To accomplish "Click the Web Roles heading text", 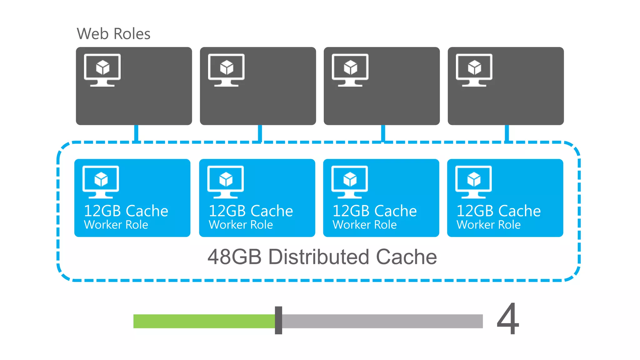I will [113, 34].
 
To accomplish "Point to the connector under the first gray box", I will [136, 133].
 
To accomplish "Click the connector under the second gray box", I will [260, 133].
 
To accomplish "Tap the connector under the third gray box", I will [383, 133].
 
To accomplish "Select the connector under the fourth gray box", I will [507, 133].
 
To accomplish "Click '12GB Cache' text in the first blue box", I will [126, 211].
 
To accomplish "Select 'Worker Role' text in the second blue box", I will [241, 225].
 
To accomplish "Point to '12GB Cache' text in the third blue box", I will [374, 211].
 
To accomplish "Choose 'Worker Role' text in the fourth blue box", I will [488, 225].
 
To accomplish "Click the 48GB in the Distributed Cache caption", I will [234, 257].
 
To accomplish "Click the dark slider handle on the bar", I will [278, 320].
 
